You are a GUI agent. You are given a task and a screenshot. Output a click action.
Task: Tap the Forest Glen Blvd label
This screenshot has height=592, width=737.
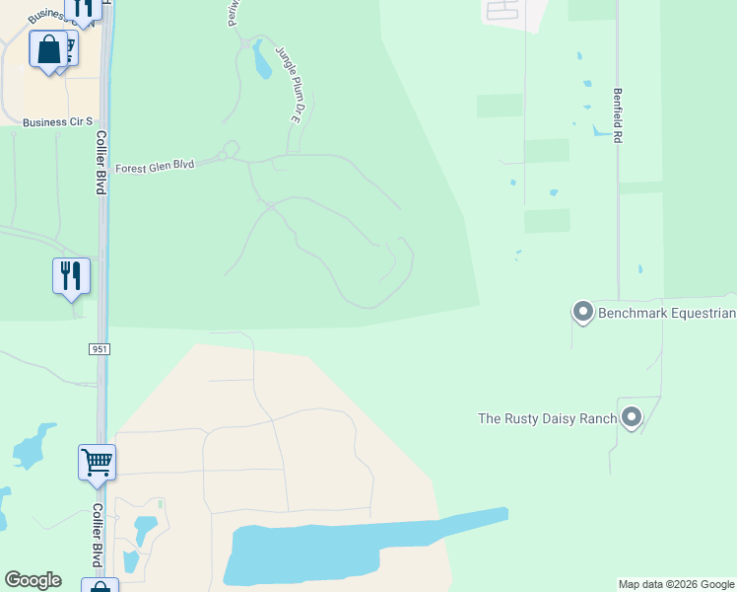(x=156, y=167)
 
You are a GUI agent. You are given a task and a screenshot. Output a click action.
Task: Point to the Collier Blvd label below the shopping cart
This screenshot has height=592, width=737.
(x=99, y=536)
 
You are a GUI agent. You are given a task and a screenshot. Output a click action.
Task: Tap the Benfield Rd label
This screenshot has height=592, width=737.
(x=618, y=116)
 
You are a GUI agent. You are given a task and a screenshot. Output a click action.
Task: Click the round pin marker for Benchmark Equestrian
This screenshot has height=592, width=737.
(x=582, y=313)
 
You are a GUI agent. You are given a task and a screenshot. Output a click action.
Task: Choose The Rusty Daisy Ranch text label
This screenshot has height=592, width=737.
(x=547, y=418)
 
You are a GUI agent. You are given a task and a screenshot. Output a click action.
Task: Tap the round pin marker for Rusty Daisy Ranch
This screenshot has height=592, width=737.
(x=631, y=417)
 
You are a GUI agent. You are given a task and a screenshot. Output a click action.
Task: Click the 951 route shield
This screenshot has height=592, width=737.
(x=99, y=349)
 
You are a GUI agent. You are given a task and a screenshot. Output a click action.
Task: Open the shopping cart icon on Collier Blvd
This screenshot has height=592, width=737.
(x=97, y=462)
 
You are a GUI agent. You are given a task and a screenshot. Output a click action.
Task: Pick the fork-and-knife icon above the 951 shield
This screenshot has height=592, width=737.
(x=71, y=275)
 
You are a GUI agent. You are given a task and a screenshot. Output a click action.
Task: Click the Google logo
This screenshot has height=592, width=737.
(x=33, y=580)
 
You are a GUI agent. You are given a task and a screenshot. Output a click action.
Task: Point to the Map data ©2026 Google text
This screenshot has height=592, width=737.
(x=676, y=584)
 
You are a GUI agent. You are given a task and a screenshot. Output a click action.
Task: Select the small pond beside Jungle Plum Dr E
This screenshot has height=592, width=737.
(x=262, y=61)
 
